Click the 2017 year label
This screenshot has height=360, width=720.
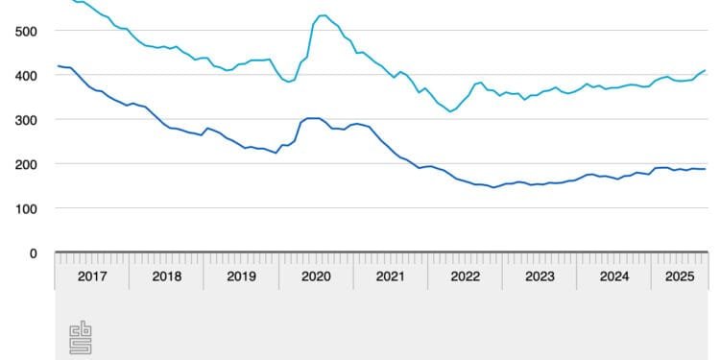tap(92, 276)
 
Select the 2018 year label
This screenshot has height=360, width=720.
tap(167, 276)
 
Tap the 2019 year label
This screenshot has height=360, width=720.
tap(241, 276)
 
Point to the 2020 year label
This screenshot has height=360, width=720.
tap(316, 276)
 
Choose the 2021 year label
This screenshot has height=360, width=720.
tap(391, 276)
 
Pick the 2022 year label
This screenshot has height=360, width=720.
tap(466, 276)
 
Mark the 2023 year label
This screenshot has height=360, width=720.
tap(540, 276)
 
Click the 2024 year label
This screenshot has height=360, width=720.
tap(614, 276)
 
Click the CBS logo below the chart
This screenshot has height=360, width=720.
tap(80, 337)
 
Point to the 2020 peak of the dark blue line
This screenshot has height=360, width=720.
tap(311, 118)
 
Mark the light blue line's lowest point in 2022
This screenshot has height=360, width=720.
tap(449, 111)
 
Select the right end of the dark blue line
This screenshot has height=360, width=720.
tap(707, 169)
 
